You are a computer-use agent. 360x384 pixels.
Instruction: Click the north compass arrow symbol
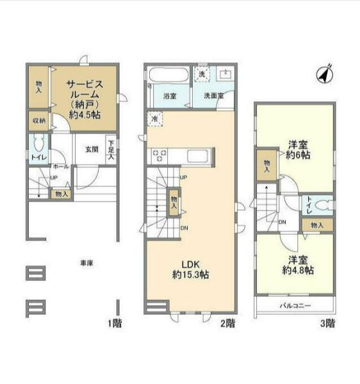pos(325,75)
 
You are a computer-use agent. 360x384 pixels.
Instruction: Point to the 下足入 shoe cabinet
pos(111,149)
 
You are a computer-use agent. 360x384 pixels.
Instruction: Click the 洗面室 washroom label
pos(214,96)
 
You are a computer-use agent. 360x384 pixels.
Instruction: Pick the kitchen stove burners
pos(159,154)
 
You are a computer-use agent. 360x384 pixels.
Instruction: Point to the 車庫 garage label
pos(86,263)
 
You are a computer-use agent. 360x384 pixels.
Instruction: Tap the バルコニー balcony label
pos(295,307)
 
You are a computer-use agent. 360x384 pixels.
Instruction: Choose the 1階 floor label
pos(114,323)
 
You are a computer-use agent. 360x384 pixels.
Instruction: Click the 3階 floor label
pos(327,323)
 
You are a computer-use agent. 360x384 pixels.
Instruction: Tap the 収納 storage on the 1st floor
pos(38,120)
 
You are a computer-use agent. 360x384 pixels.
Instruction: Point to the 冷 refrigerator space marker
pos(154,118)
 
